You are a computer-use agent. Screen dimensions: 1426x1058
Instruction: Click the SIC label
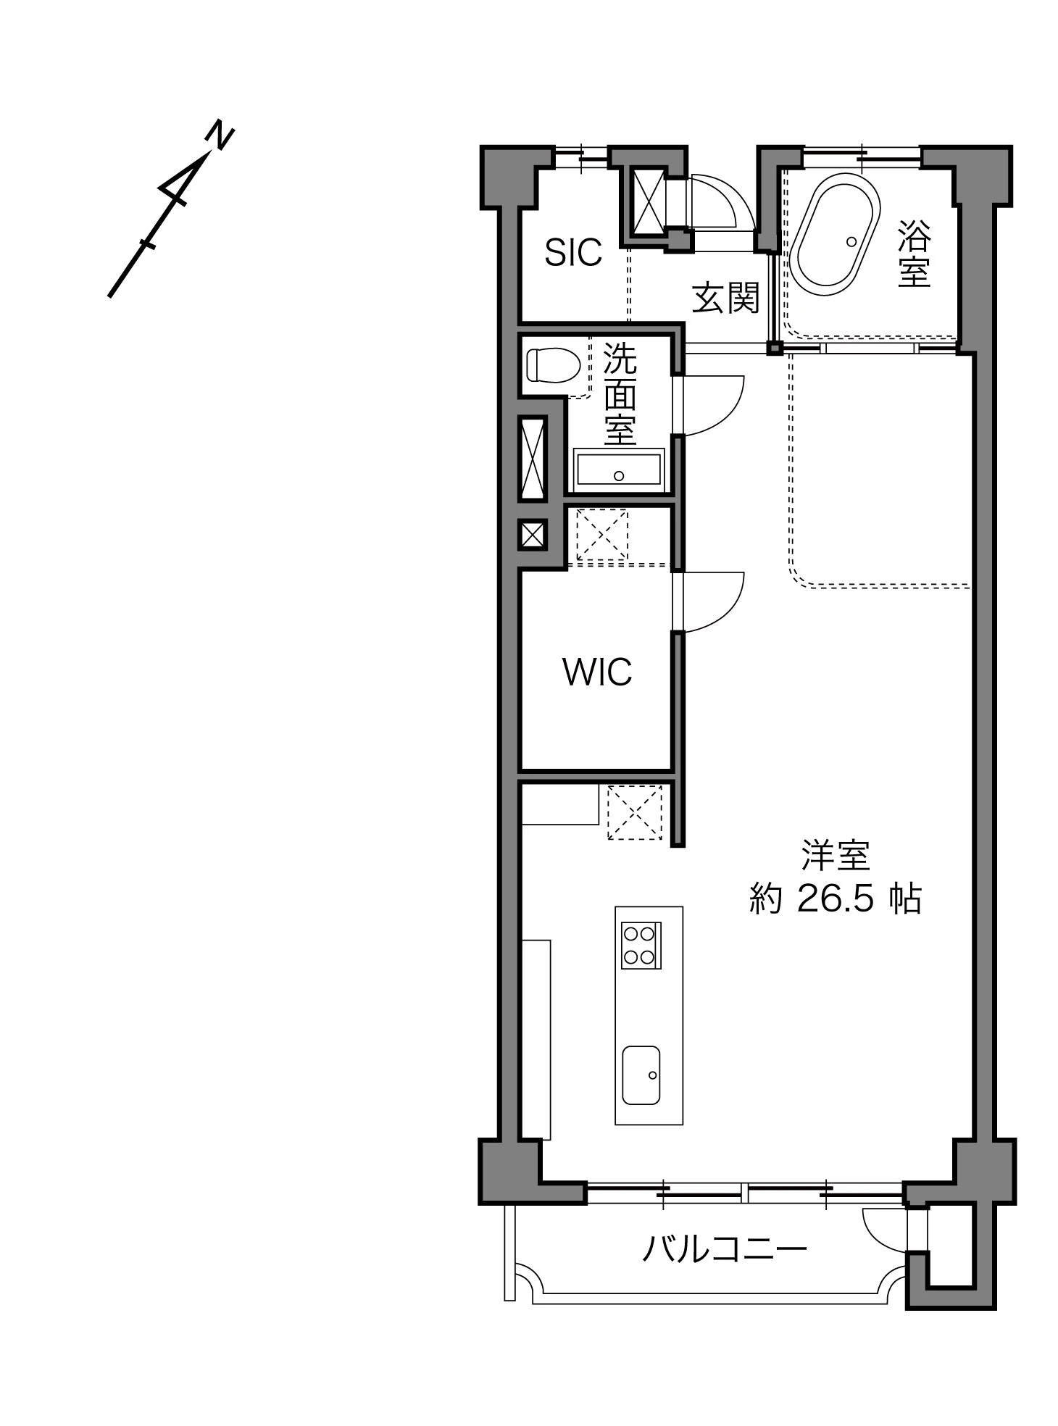tap(573, 252)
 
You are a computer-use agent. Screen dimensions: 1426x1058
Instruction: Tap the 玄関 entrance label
tap(725, 298)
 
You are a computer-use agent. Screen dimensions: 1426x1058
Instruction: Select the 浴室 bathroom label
tap(914, 253)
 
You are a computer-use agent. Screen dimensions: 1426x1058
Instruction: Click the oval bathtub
tap(834, 239)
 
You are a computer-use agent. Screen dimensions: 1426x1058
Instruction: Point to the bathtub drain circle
tap(851, 241)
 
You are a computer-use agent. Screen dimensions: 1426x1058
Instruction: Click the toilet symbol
tap(553, 364)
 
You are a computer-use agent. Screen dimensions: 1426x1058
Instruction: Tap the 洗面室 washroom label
tap(620, 394)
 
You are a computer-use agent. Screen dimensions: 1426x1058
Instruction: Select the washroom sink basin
tap(618, 470)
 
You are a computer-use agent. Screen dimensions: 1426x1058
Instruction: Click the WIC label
tap(597, 672)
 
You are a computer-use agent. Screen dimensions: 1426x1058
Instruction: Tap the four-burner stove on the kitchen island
tap(641, 946)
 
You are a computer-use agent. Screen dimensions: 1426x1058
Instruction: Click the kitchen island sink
tap(641, 1075)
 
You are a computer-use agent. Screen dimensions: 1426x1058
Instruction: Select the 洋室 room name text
tap(836, 856)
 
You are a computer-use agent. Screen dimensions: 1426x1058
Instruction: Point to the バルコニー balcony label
tap(724, 1248)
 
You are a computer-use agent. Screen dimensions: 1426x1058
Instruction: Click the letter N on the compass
tap(220, 135)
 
